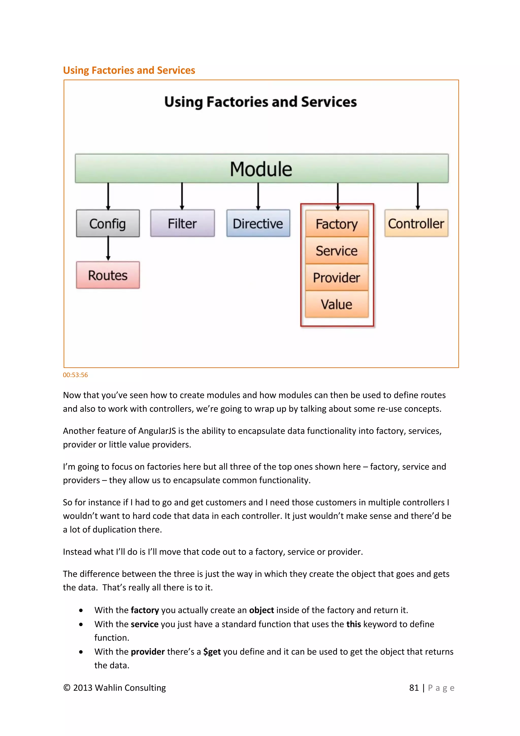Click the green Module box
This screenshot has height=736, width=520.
(x=262, y=168)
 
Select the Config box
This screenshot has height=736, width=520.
(x=108, y=223)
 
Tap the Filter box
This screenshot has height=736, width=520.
(x=182, y=223)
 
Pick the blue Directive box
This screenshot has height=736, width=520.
(x=258, y=223)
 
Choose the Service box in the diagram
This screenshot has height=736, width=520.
(x=337, y=251)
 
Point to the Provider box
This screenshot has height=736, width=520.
(x=337, y=278)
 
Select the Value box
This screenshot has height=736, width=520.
(x=337, y=304)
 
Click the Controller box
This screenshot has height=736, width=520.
(x=416, y=223)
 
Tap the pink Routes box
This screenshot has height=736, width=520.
(x=108, y=275)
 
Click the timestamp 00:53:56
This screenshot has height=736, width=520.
(x=75, y=375)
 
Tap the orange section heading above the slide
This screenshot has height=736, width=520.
(x=129, y=70)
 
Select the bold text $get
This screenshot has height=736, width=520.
(x=212, y=652)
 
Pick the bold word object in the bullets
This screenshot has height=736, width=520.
(x=261, y=610)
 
